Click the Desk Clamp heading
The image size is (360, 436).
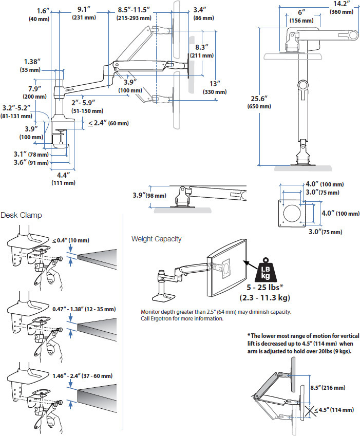(22, 215)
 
